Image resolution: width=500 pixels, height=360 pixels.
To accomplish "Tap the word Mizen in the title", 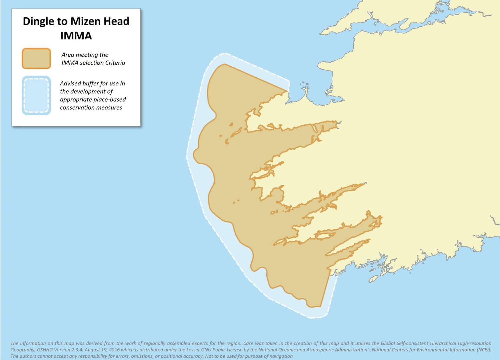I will pos(85,21).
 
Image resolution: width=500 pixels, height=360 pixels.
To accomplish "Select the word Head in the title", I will pos(116,21).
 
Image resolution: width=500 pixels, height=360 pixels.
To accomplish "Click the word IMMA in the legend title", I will pos(76,36).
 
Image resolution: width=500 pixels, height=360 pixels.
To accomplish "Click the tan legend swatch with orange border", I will pos(36,59).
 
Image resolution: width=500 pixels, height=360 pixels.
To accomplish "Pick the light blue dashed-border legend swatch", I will pos(36,95).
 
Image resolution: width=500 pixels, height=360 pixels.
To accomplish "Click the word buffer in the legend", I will pos(90,83).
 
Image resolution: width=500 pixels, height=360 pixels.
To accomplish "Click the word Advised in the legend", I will pos(70,83).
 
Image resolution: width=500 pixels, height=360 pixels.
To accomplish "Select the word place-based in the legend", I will pos(110,99).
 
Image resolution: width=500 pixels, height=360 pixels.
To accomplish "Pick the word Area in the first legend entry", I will pos(68,55).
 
